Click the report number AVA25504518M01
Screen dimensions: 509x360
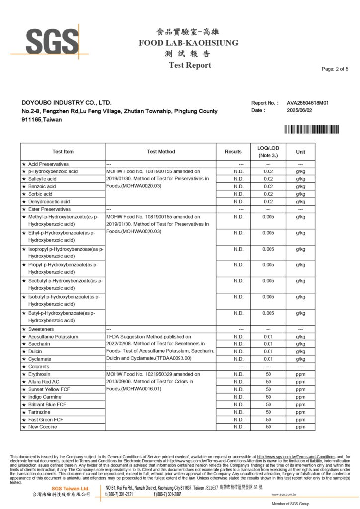click(308, 103)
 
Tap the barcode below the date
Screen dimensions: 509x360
click(312, 129)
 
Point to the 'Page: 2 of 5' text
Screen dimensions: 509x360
click(335, 69)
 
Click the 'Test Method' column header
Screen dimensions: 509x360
click(161, 152)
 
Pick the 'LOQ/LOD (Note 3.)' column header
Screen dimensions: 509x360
click(268, 152)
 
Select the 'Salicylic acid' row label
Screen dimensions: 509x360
click(42, 179)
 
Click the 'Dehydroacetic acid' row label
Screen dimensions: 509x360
click(49, 202)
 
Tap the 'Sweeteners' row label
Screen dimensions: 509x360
click(41, 329)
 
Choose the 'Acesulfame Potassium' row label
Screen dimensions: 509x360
click(53, 337)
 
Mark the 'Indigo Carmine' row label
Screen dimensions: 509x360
click(46, 397)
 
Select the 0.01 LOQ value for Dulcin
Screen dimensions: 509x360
click(268, 351)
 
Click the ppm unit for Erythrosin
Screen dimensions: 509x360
click(300, 374)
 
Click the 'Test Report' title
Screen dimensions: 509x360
click(189, 65)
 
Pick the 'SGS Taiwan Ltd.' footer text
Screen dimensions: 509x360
click(70, 489)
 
